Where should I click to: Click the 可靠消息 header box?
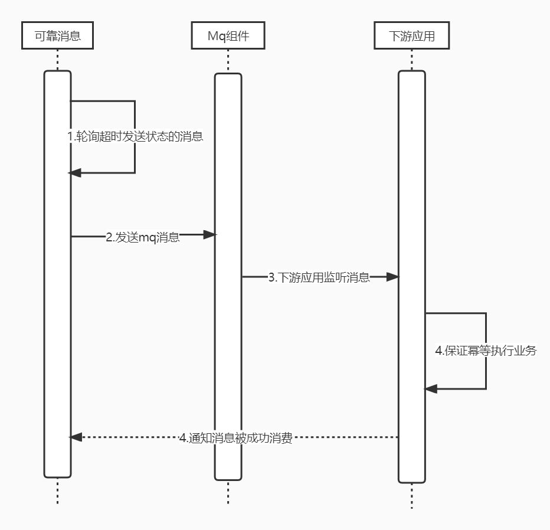(57, 37)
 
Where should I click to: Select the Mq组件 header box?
(228, 37)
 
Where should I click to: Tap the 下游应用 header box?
(411, 37)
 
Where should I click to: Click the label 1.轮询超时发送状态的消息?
(135, 136)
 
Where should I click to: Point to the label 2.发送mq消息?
(143, 238)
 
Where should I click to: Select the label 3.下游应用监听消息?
(319, 277)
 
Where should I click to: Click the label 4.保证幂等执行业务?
(486, 351)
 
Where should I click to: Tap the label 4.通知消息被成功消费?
(236, 439)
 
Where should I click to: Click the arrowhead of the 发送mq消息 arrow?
(210, 235)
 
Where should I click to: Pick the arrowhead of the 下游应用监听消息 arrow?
(393, 277)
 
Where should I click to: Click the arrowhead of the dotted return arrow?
(75, 437)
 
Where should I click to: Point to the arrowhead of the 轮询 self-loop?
(75, 172)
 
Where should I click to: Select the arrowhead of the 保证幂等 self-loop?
(431, 388)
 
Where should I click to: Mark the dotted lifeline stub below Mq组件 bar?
(228, 493)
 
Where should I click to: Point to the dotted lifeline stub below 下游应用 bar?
(411, 496)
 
